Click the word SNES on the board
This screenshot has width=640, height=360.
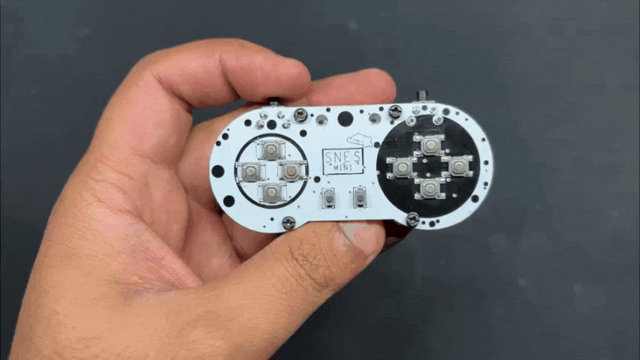pos(342,157)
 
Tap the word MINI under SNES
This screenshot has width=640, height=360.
pos(343,167)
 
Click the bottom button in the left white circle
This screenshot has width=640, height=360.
pos(271,192)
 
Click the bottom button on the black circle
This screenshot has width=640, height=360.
pos(429,188)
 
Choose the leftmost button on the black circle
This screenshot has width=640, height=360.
pos(402,167)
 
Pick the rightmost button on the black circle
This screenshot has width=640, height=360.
pos(458,166)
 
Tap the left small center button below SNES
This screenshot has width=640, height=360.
pos(328,198)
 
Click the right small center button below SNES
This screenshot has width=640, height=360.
pos(360,196)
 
